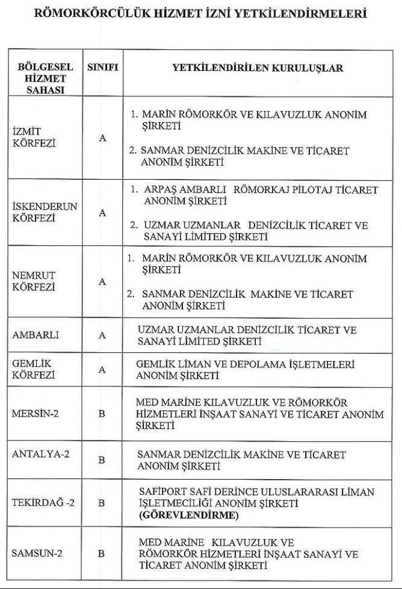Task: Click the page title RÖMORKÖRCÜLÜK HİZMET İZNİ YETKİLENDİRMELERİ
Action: tap(201, 14)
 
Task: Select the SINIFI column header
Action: tap(102, 68)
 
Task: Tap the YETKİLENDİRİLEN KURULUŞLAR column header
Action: tap(258, 68)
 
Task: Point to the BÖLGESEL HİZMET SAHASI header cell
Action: tap(42, 78)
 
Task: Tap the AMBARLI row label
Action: tap(36, 335)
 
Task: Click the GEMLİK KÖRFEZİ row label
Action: tap(34, 370)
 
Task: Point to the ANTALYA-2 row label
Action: tap(40, 454)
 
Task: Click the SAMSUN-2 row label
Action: tap(37, 553)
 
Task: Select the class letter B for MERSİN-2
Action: tap(102, 414)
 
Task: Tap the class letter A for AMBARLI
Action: tap(102, 335)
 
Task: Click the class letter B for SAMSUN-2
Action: tap(102, 554)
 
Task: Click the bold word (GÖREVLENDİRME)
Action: tap(188, 516)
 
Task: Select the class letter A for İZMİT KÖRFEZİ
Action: tap(102, 138)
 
